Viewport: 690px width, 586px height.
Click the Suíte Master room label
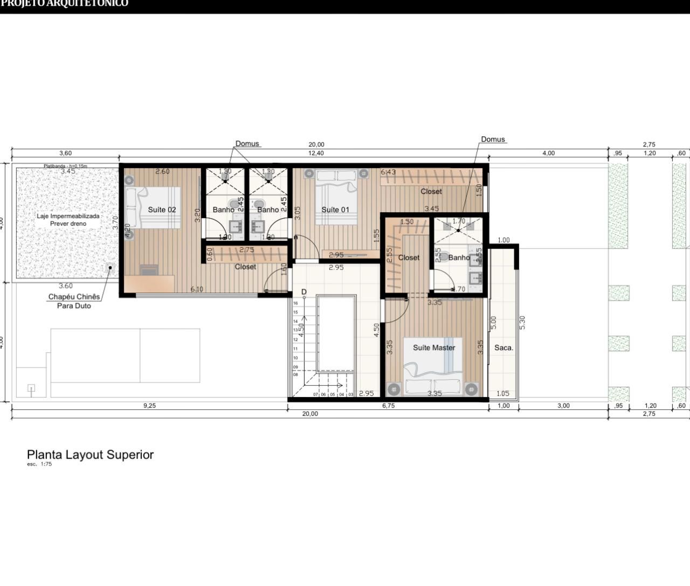(x=434, y=347)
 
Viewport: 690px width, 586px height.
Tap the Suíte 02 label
(x=162, y=210)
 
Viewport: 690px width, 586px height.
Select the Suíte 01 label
(x=335, y=210)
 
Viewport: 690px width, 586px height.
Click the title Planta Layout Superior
(x=91, y=455)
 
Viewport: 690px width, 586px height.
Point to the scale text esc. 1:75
(x=39, y=464)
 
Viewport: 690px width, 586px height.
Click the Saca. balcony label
(x=503, y=348)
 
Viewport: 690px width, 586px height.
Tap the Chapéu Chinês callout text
(x=74, y=297)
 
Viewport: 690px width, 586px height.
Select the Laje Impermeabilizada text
(x=68, y=216)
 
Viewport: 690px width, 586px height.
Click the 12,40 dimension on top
(x=316, y=154)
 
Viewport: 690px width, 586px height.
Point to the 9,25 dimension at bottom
(x=149, y=406)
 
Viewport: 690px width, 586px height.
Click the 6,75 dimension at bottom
(x=388, y=406)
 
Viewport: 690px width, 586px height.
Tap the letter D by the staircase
(x=304, y=292)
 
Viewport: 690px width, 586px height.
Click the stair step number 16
(x=295, y=303)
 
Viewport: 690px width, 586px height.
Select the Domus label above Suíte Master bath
(x=493, y=139)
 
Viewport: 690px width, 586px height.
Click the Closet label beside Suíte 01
(x=431, y=191)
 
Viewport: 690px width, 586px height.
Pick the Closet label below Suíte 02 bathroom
(x=245, y=267)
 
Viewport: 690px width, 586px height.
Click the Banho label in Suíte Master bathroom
(x=459, y=257)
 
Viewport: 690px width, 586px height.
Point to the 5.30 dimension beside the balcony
(x=522, y=323)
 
